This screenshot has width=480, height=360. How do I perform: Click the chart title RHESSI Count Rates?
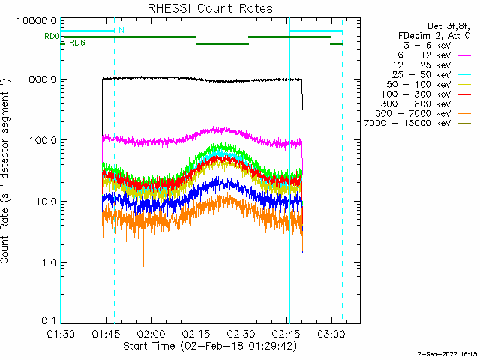[x=210, y=8]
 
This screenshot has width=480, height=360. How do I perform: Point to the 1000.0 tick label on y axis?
[x=40, y=79]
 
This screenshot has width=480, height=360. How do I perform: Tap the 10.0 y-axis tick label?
[x=45, y=202]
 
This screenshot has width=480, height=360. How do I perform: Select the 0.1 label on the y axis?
[x=49, y=320]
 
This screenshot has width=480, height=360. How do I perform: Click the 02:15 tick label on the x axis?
[x=196, y=333]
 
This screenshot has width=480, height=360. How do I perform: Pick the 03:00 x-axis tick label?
[x=331, y=333]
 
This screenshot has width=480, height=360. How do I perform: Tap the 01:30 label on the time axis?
[x=61, y=333]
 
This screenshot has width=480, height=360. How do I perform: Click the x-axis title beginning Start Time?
[x=210, y=346]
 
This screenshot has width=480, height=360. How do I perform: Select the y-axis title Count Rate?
[x=5, y=171]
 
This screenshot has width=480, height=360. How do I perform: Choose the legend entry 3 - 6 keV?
[x=427, y=46]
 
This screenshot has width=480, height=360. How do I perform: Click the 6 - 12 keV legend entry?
[x=424, y=55]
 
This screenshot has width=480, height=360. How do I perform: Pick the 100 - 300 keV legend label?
[x=415, y=94]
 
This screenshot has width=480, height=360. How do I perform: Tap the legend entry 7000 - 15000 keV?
[x=407, y=123]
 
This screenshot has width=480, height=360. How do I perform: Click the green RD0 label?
[x=52, y=37]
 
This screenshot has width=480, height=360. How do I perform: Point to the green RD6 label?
[x=76, y=43]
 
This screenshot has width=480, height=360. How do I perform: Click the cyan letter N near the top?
[x=121, y=30]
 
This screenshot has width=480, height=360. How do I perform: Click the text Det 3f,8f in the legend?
[x=448, y=26]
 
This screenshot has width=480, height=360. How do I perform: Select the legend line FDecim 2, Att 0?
[x=434, y=36]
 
